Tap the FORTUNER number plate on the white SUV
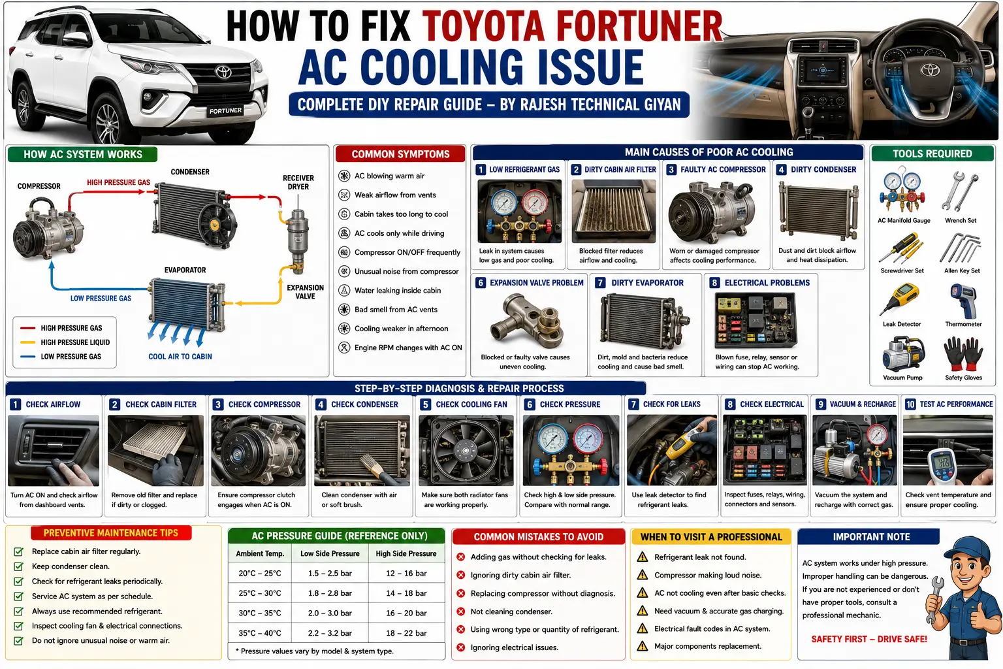(x=225, y=110)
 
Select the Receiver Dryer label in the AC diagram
(x=298, y=182)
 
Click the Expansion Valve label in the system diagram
(x=305, y=291)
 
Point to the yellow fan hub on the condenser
(x=214, y=224)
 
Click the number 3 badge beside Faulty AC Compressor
(x=671, y=169)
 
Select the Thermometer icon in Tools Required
(x=963, y=301)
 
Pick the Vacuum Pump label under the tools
(x=902, y=378)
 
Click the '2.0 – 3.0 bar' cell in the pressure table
(x=330, y=613)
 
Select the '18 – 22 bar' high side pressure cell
(x=406, y=633)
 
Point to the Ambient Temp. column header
(x=260, y=553)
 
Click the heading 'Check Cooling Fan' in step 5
(x=471, y=404)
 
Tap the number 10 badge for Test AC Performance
(x=910, y=404)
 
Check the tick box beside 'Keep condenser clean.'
(x=18, y=566)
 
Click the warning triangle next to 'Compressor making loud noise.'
(x=643, y=575)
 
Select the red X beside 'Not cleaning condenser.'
(x=460, y=612)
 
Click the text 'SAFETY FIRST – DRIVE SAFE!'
(x=869, y=640)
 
